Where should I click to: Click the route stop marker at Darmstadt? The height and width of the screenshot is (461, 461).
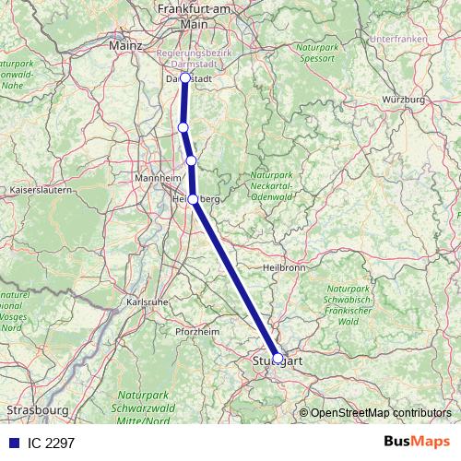[x=184, y=78]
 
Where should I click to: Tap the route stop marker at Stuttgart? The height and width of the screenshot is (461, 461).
[x=278, y=359]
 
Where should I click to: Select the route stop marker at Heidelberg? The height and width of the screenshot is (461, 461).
[x=193, y=198]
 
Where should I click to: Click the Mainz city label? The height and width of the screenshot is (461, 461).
[x=124, y=44]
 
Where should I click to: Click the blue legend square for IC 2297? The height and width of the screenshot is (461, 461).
[x=11, y=443]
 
